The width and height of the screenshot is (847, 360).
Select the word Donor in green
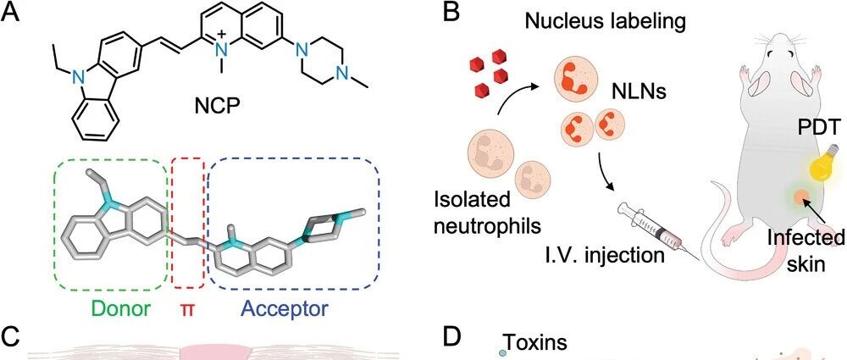120,308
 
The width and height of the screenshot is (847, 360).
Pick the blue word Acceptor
285,310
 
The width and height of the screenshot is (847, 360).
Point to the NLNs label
638,92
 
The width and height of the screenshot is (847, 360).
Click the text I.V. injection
603,255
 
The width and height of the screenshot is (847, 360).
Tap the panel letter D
452,337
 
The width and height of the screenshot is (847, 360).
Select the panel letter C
12,337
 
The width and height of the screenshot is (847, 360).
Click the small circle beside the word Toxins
502,352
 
